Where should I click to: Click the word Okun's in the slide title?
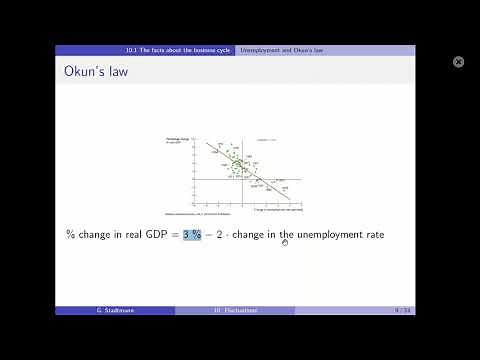pyautogui.click(x=85, y=70)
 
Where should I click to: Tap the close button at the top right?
pyautogui.click(x=459, y=62)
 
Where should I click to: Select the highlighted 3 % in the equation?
pyautogui.click(x=191, y=234)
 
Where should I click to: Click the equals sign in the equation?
pyautogui.click(x=174, y=234)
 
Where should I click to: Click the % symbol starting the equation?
pyautogui.click(x=70, y=234)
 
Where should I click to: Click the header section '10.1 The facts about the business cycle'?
pyautogui.click(x=178, y=50)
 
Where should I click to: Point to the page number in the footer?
pyautogui.click(x=403, y=310)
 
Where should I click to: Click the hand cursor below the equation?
pyautogui.click(x=285, y=241)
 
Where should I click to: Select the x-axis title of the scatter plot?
pyautogui.click(x=281, y=210)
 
